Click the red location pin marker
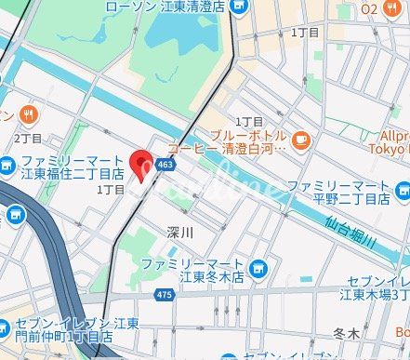(x=143, y=166)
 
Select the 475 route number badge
(x=165, y=295)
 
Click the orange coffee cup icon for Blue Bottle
(x=300, y=140)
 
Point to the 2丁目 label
(x=27, y=139)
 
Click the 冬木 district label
(x=345, y=331)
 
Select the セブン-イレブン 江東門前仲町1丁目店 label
(x=70, y=330)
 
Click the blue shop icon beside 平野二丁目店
(x=402, y=192)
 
